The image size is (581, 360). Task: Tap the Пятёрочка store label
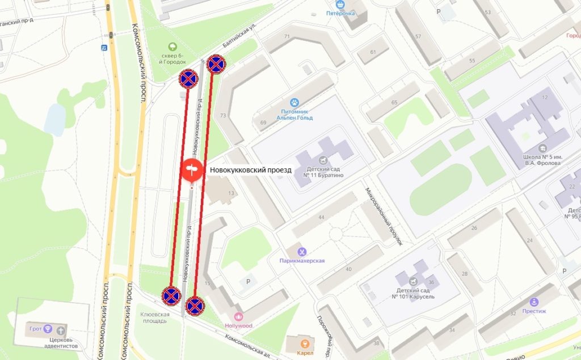coord(341,12)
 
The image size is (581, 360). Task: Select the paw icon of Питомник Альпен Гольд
coord(294,103)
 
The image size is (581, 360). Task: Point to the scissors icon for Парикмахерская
coord(302,251)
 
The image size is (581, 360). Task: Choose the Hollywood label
coord(238,325)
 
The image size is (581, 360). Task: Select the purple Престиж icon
coord(534,302)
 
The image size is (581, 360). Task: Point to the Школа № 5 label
coord(534,159)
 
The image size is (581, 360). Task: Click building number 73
coord(223,115)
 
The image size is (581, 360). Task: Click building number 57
coord(418,37)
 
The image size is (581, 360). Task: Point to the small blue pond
coord(56,119)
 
